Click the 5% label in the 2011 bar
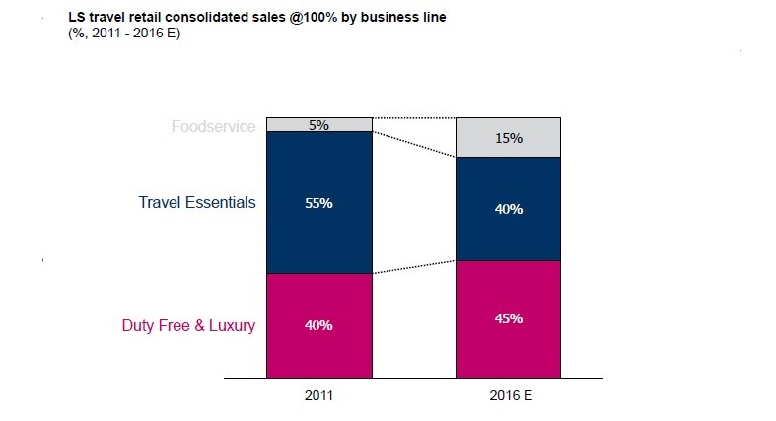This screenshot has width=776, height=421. [x=318, y=125]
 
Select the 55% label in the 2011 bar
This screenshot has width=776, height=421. [x=318, y=204]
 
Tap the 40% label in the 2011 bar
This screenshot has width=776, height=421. [x=318, y=325]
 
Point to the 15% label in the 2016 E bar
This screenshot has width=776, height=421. [x=509, y=138]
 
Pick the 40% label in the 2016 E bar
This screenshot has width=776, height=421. [x=509, y=210]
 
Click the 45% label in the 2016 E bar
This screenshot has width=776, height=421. [x=509, y=318]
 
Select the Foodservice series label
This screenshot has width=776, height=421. [x=213, y=126]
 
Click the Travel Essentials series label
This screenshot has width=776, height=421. [x=197, y=203]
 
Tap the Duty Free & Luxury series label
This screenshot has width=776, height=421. [x=188, y=325]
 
